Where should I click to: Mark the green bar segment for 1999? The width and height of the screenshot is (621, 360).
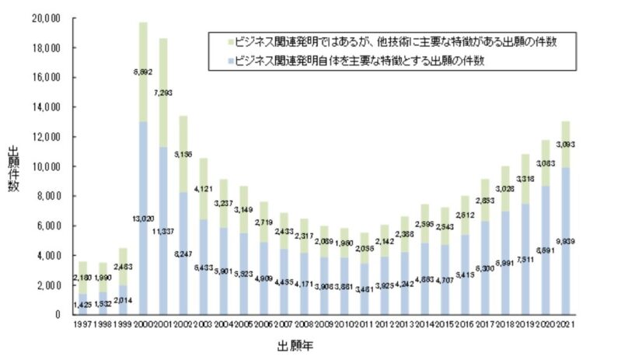[x=123, y=267]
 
